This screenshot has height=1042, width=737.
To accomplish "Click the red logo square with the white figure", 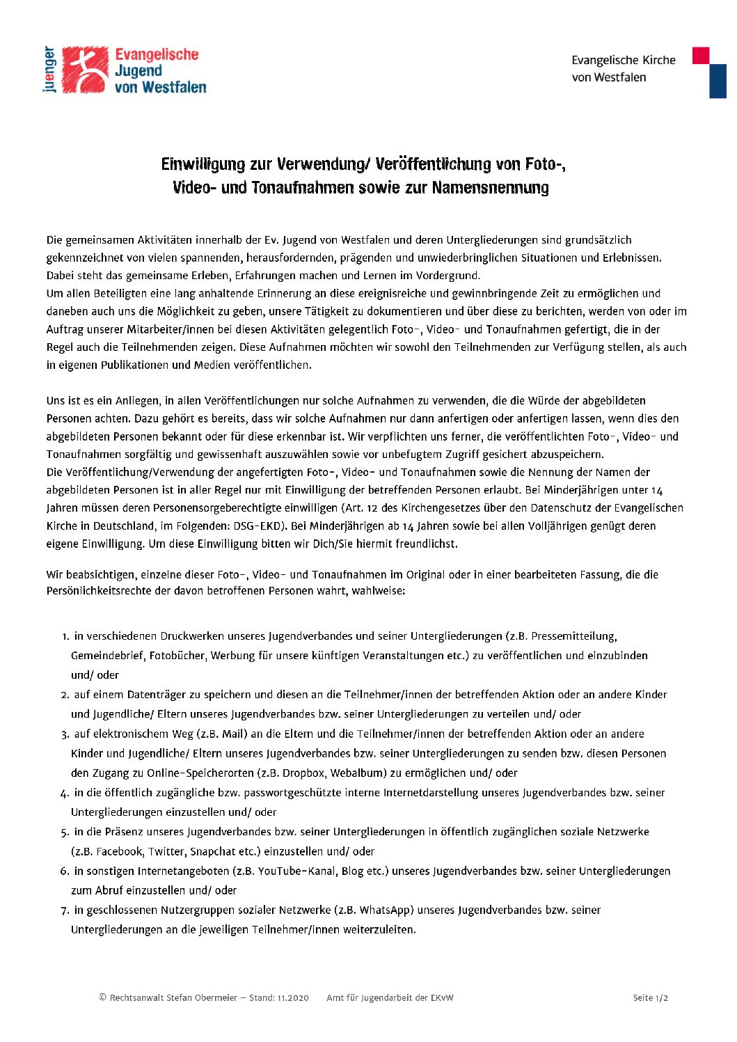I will point(85,70).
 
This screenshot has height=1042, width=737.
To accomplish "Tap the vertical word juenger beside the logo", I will point(48,70).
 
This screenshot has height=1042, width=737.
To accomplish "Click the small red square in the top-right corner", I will point(700,56).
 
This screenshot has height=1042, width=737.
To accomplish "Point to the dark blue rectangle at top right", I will point(718,81).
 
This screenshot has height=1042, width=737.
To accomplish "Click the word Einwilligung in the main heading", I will point(203,164).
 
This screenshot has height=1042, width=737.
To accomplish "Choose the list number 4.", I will point(64,793).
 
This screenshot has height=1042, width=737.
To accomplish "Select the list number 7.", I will point(64,910).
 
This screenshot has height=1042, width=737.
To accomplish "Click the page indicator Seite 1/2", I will point(650,998).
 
